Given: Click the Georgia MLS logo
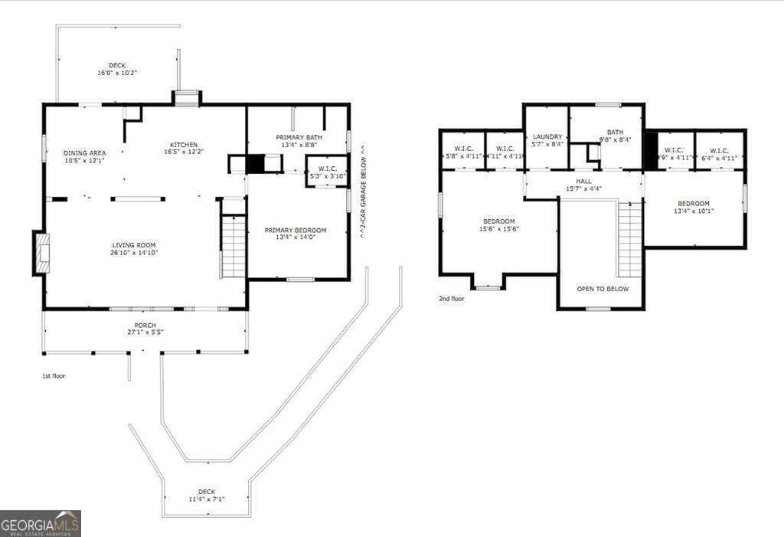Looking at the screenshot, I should click(40, 523).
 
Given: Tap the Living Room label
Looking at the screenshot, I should click(134, 245).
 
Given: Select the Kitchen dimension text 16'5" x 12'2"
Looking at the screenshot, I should click(184, 152).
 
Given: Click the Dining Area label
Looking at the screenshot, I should click(84, 153).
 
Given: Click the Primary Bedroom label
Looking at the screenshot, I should click(296, 230).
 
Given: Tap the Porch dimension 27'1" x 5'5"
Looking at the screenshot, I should click(145, 332).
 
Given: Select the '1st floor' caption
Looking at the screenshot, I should click(54, 376).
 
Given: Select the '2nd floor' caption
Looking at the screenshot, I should click(452, 299).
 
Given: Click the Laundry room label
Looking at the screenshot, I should click(547, 136).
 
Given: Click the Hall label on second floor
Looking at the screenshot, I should click(584, 182).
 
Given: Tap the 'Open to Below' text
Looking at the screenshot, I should click(603, 289).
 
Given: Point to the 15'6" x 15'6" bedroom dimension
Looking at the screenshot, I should click(499, 228).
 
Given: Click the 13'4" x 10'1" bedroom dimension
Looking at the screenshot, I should click(694, 211).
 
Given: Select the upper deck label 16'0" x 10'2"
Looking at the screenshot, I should click(117, 73).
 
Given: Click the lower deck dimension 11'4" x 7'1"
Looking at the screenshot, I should click(206, 499).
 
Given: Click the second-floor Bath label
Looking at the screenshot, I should click(615, 132).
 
